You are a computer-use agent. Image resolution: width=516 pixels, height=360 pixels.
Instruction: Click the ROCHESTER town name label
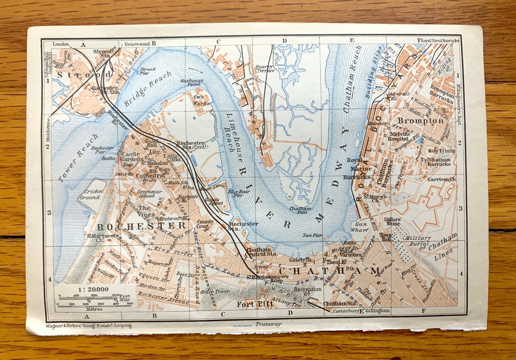pyautogui.click(x=141, y=225)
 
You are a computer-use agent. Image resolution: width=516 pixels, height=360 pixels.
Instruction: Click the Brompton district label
pyautogui.click(x=421, y=121)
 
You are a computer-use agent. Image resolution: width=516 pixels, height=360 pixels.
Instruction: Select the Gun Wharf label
pyautogui.click(x=361, y=227)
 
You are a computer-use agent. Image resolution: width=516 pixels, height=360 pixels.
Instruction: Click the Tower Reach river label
pyautogui.click(x=74, y=164)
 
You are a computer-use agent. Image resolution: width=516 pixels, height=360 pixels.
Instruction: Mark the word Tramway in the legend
pyautogui.click(x=268, y=324)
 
